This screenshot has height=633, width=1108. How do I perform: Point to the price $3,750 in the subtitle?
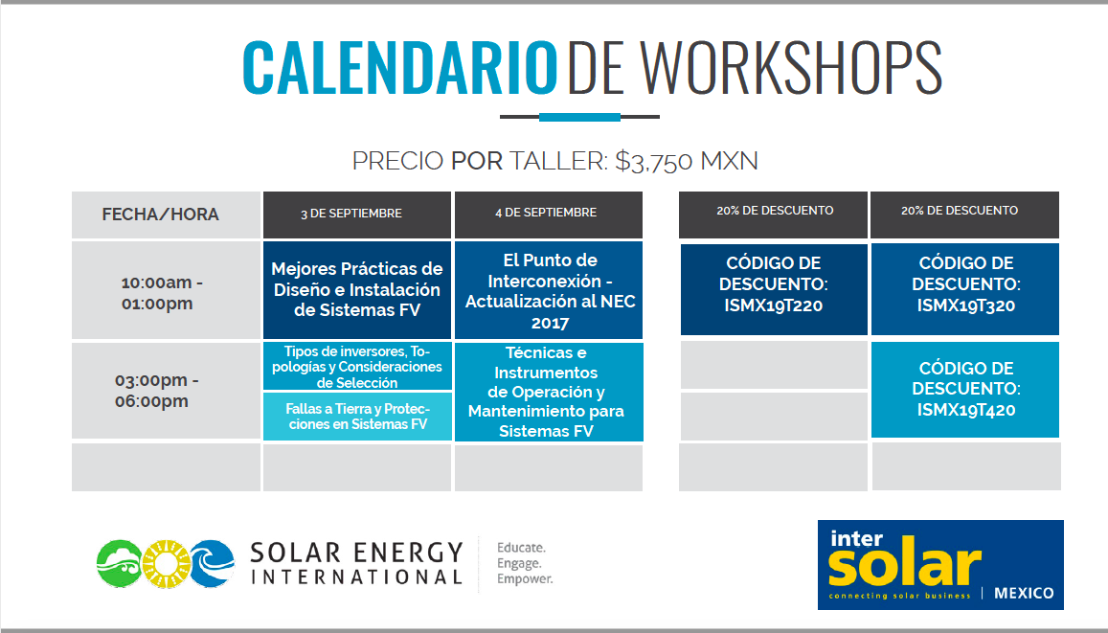654,161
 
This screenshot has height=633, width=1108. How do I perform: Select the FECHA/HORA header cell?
166,215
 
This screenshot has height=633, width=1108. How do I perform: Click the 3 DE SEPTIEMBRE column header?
357,215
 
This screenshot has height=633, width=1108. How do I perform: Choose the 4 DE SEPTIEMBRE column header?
549,215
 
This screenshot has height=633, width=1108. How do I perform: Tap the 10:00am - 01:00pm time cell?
166,291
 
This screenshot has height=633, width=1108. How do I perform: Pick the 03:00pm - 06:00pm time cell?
166,391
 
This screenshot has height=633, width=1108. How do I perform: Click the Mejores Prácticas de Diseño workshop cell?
357,290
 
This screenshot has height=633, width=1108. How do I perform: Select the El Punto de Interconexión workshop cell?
549,290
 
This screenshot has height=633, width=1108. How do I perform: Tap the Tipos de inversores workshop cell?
357,366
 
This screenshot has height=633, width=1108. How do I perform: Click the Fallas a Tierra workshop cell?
357,417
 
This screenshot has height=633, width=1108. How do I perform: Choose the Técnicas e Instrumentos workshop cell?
549,392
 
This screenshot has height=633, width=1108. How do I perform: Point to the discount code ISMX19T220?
773,305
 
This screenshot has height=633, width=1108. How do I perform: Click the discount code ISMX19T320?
966,305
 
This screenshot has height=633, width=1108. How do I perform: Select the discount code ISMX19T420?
966,411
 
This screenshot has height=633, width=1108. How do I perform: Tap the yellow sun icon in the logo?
166,564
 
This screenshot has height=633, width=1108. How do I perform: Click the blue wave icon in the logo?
213,564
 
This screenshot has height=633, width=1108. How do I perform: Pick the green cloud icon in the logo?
120,564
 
